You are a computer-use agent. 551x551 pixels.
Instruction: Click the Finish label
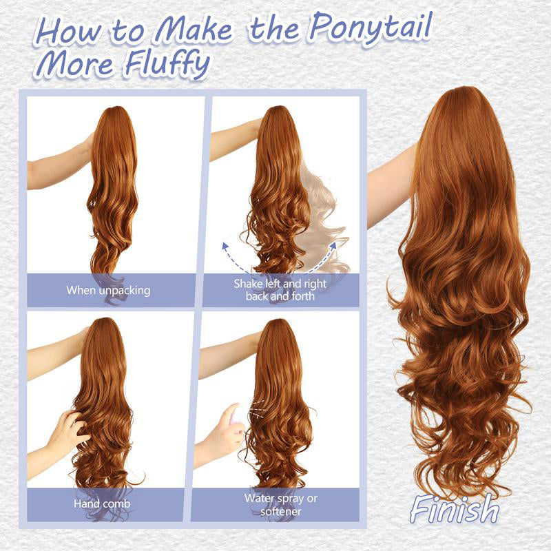pos(455,510)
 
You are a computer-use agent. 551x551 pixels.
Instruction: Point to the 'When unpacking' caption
pos(108,290)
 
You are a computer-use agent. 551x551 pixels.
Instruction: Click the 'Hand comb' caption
pos(103,504)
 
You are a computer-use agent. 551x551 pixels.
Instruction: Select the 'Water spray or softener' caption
pos(280,504)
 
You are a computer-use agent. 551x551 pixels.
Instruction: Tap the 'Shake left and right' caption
pos(280,284)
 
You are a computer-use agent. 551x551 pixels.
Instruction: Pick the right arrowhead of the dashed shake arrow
pos(335,244)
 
